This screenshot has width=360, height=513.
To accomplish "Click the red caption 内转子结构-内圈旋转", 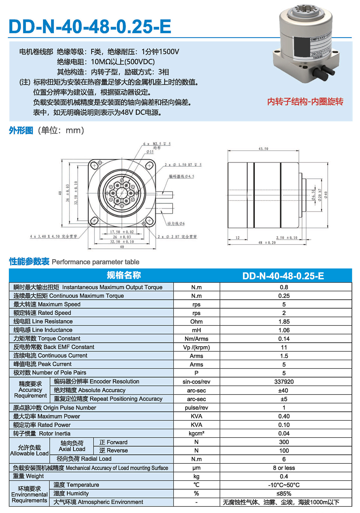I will coord(305,102).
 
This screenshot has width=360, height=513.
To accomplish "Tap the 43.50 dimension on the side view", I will coord(263,149).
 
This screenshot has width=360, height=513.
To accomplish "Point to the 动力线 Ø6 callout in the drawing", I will coord(176,223).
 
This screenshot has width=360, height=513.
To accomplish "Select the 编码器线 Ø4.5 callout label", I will coord(181,176).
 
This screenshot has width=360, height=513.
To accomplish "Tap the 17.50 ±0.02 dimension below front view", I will coord(122,232).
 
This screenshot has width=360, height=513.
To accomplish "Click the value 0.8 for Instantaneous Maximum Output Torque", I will coord(284,287).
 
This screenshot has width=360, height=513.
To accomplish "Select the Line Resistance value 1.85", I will coord(284,321).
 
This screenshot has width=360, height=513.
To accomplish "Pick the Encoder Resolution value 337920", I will coord(284,382).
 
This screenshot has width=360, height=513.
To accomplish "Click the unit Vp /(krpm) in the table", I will coord(196,347).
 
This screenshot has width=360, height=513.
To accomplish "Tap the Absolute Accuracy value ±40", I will coord(284,391).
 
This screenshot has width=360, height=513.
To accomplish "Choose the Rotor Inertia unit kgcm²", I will coord(196,433).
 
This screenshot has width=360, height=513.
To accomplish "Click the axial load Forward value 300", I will coord(284,442).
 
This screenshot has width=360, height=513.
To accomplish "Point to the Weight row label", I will coord(28,476).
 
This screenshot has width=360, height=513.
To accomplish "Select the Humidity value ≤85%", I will coord(284,493).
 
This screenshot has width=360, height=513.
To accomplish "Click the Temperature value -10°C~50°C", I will coord(284,485).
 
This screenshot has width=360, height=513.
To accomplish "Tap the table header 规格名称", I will coord(124,275).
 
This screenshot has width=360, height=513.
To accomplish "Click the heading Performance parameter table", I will coord(95,262).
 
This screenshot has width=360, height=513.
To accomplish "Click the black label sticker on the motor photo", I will coord(300,47).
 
